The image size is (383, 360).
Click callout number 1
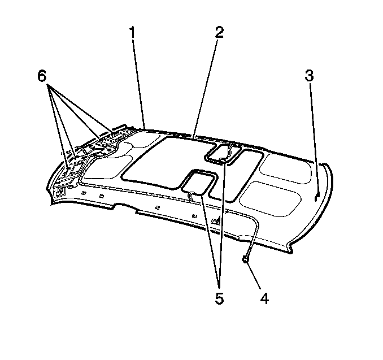[x=132, y=33]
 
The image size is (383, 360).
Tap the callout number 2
[x=219, y=33]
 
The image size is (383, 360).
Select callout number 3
[x=309, y=75]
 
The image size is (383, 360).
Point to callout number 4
[x=264, y=298]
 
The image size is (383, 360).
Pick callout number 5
[x=219, y=298]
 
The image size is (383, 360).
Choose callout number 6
[x=42, y=76]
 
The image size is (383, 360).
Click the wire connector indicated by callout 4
[x=245, y=259]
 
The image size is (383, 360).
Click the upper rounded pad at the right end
[x=285, y=168]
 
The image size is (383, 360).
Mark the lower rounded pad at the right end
[x=270, y=198]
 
